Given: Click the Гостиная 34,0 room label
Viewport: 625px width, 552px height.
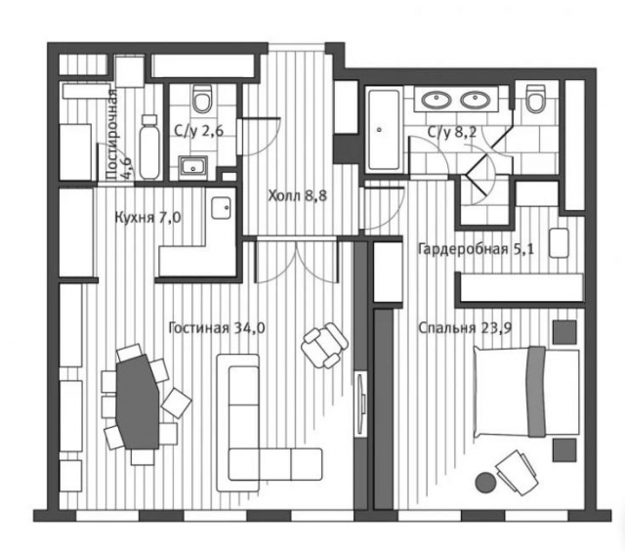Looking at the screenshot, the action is [217, 328].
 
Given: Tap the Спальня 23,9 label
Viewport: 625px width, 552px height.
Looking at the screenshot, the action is [465, 328].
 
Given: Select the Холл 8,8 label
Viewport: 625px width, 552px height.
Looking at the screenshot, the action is [297, 195].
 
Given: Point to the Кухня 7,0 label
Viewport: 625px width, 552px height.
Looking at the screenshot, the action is [147, 218].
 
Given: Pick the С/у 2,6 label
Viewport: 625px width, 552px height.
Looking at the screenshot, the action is [199, 131].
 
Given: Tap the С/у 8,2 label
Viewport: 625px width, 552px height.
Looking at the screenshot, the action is [452, 132].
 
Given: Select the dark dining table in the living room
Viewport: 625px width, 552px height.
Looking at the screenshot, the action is [138, 403].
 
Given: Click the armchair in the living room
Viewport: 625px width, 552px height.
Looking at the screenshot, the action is [324, 345].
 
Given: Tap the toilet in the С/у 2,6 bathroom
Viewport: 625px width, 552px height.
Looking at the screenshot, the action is [202, 99].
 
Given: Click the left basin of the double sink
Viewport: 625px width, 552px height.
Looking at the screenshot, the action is [437, 99].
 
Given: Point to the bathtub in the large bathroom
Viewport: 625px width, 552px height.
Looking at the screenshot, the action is [384, 130].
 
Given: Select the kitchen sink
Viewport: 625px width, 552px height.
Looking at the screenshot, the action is [222, 208].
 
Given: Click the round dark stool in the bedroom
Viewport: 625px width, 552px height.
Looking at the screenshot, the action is [486, 483].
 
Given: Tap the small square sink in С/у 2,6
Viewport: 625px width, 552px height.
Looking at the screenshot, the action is [193, 166].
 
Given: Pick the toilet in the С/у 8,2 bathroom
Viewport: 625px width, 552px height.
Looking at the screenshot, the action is [535, 98].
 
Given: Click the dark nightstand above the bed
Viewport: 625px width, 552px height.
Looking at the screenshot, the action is [564, 332].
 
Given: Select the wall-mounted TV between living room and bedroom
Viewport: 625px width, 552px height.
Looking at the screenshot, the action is [361, 404].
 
